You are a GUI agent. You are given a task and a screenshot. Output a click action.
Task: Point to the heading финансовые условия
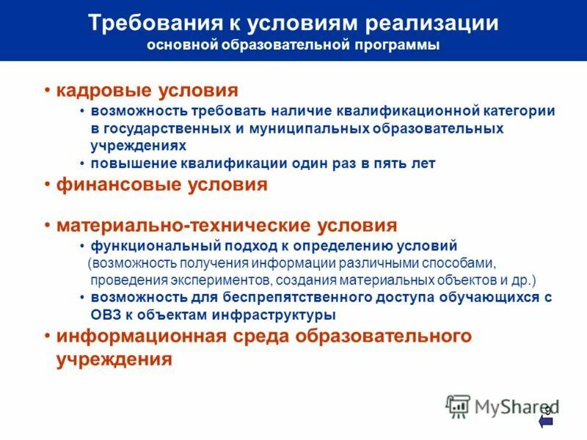[x=161, y=184]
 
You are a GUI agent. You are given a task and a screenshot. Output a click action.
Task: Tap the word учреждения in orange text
[x=114, y=359]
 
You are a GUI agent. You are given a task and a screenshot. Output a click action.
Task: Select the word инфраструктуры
[x=277, y=315]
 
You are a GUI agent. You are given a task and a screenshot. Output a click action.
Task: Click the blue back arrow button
[x=545, y=421]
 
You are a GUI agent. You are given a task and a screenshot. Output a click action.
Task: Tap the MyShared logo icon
[x=459, y=406]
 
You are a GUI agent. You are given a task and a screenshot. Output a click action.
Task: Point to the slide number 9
[x=547, y=409]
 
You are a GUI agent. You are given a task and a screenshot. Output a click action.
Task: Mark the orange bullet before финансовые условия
[x=46, y=184]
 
